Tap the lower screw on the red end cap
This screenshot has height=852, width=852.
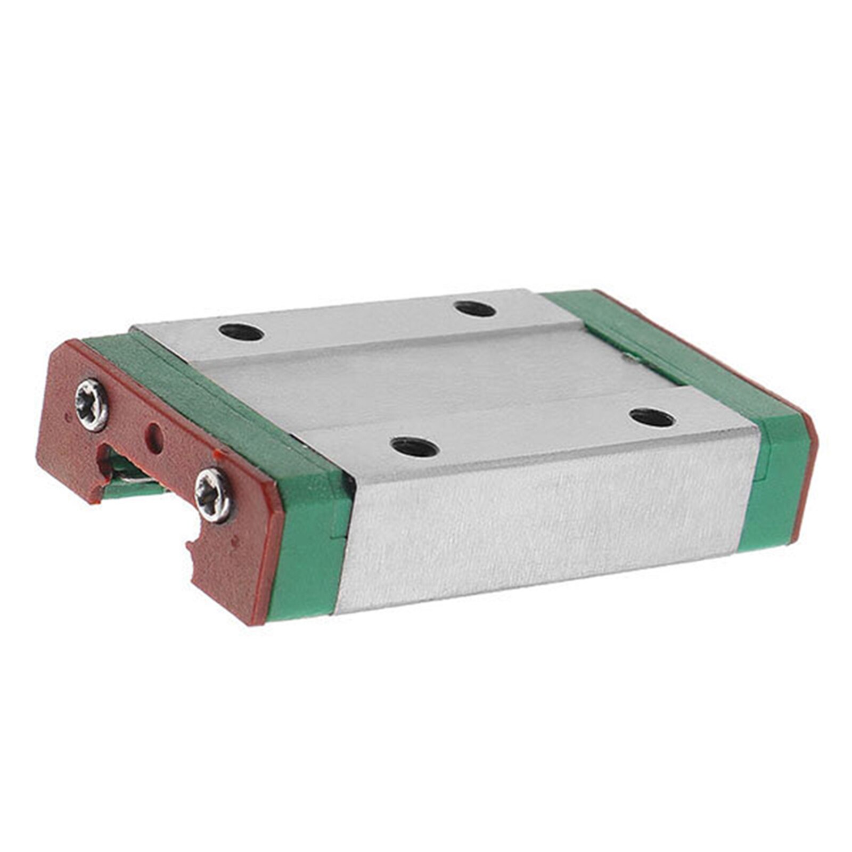[214, 495]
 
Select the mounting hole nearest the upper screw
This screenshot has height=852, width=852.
[241, 332]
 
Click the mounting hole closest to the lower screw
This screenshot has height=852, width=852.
[414, 446]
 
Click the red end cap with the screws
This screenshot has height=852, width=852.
[160, 479]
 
